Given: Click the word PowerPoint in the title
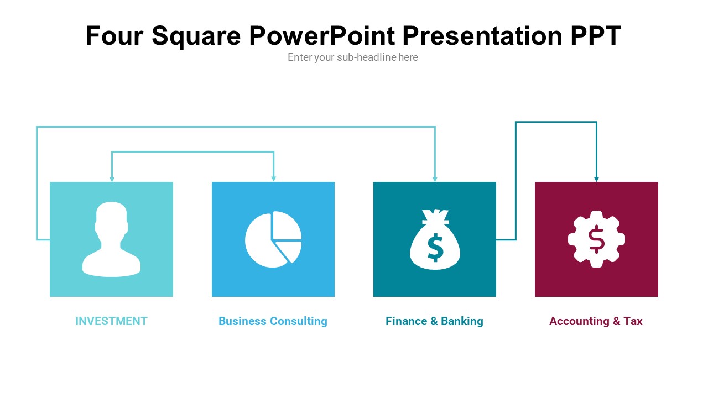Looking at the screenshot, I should point(322,36).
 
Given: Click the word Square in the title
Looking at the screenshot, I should point(196,36).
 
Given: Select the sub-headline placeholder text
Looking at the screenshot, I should point(353,57).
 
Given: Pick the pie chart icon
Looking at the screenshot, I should point(273,239).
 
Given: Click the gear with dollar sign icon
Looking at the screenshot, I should point(596,239).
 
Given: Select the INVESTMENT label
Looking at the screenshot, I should point(111,321).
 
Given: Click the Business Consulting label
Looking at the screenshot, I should point(273,321).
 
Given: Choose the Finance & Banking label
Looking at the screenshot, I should point(434,321).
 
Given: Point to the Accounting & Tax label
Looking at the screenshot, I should point(596,321).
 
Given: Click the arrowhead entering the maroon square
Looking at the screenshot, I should point(596,179).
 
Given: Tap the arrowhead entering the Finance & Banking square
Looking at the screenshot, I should point(435,179).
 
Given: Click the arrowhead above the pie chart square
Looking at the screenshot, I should point(273,179).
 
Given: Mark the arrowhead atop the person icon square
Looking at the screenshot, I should point(112,179).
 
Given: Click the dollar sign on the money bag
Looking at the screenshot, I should point(435,247).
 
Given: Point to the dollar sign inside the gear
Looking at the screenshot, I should point(596,239).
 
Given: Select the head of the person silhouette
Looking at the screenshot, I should point(111,218).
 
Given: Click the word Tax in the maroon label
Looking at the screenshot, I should point(633,321).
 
